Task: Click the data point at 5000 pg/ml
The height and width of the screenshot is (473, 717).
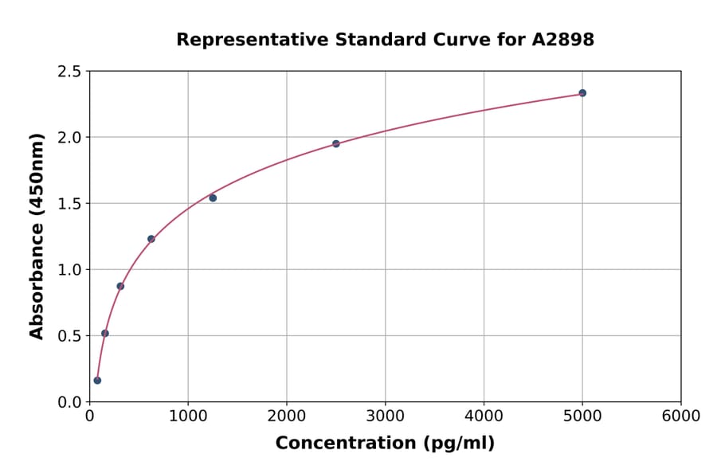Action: [582, 93]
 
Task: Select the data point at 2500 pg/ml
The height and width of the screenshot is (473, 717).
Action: [336, 144]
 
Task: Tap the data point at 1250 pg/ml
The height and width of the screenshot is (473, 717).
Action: [213, 198]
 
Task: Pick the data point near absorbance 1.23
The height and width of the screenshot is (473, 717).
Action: [151, 239]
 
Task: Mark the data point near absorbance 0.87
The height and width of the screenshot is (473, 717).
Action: [120, 286]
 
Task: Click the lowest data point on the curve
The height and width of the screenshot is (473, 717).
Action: [97, 381]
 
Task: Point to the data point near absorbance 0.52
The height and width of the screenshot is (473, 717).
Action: [105, 334]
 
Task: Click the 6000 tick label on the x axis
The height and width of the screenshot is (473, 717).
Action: [681, 416]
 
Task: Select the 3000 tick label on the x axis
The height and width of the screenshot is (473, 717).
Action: [385, 416]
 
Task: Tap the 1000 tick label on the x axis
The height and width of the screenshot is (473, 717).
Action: [188, 416]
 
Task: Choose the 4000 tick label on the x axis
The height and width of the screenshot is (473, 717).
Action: [484, 416]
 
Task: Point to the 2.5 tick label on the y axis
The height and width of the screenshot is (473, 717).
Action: [69, 72]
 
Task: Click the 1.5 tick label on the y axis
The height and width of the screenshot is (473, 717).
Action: [69, 204]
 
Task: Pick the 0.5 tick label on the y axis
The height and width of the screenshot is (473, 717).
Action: [69, 336]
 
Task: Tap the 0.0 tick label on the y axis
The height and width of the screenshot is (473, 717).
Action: [69, 402]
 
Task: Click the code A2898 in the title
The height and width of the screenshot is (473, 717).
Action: [563, 40]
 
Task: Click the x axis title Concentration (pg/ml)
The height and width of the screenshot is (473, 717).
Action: [385, 444]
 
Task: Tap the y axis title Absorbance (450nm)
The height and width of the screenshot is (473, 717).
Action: [37, 236]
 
